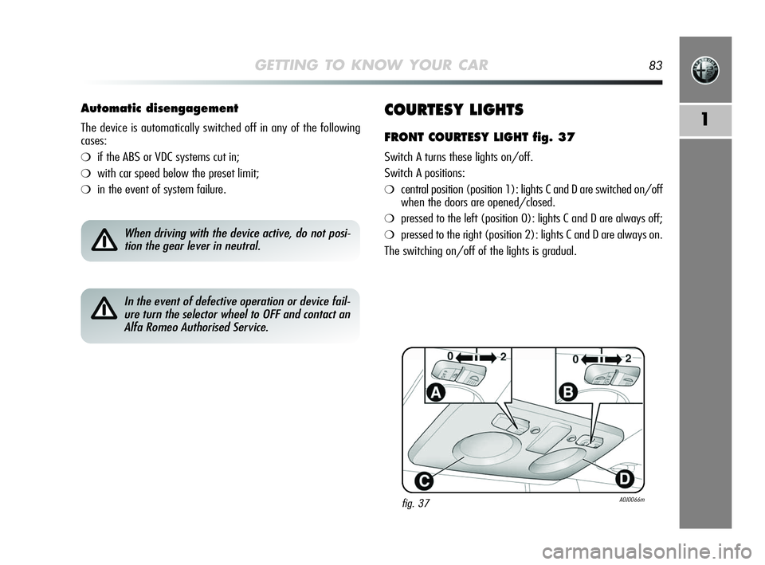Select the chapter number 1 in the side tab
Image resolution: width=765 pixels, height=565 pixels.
tap(705, 120)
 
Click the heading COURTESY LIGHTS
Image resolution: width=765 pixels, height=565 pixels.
tap(453, 109)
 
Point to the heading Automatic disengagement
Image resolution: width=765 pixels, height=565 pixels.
tap(159, 108)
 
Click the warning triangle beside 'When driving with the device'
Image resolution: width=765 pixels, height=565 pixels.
tap(103, 239)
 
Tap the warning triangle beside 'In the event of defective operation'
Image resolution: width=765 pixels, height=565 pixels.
tap(103, 308)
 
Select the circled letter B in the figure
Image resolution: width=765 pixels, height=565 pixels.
tap(569, 392)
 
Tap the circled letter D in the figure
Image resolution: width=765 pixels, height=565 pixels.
tap(623, 478)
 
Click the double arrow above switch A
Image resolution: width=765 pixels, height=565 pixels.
tap(476, 358)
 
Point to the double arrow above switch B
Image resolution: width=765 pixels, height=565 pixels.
tap(600, 359)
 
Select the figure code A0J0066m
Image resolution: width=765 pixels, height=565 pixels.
tap(630, 500)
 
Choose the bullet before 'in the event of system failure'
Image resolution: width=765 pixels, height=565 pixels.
tap(86, 190)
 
